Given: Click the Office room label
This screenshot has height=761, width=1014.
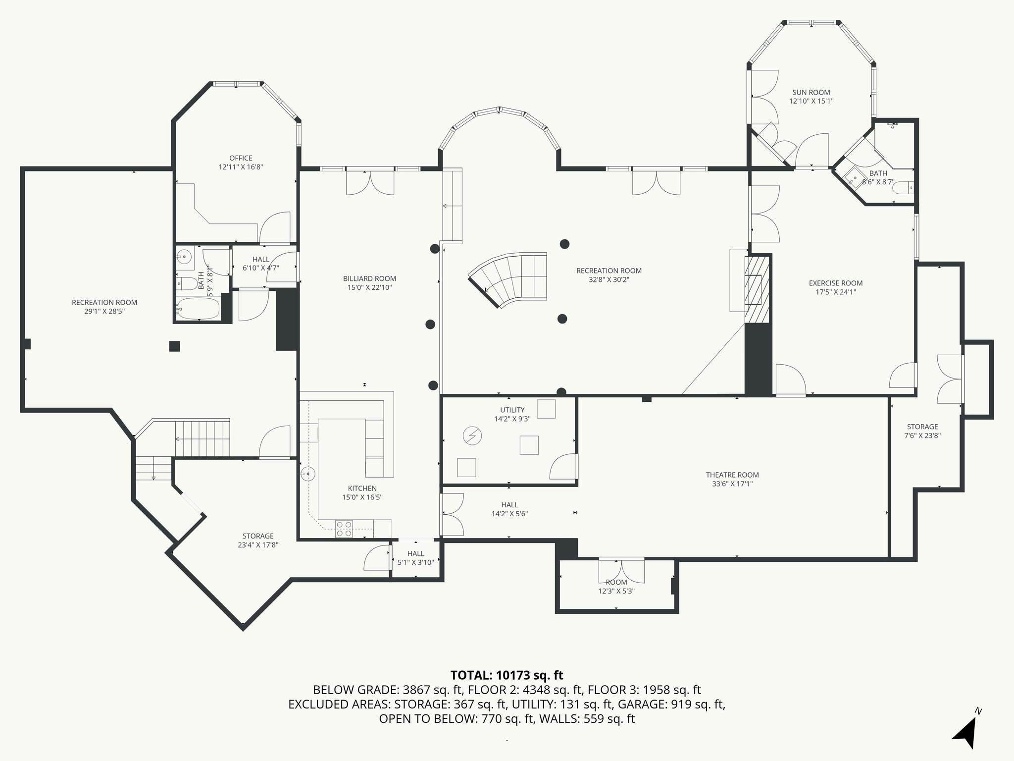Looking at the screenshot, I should (x=241, y=158).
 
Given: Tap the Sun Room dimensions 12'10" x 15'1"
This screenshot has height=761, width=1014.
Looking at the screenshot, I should (x=811, y=101).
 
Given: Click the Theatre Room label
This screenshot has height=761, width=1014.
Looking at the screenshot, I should (x=732, y=475).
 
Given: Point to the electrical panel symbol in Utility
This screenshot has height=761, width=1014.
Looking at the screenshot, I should (x=472, y=436).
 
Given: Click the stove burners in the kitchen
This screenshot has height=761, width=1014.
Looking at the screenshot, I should (x=344, y=529).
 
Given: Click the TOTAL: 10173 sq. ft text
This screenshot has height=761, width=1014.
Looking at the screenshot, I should (x=507, y=675).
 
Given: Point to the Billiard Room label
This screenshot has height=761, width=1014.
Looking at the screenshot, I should (x=369, y=278).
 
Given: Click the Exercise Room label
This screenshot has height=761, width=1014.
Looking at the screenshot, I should (x=836, y=283).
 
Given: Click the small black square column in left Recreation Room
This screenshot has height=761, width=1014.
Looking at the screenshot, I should (x=174, y=346).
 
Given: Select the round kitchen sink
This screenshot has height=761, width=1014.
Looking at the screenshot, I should (x=308, y=474).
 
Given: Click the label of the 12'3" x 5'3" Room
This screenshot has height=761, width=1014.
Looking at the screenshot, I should (x=616, y=582).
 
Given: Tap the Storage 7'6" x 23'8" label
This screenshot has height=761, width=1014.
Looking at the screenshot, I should (x=922, y=427).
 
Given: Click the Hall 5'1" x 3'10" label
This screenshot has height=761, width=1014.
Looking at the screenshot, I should (x=415, y=553).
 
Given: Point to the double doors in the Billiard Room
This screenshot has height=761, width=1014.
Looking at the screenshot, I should (x=370, y=182).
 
